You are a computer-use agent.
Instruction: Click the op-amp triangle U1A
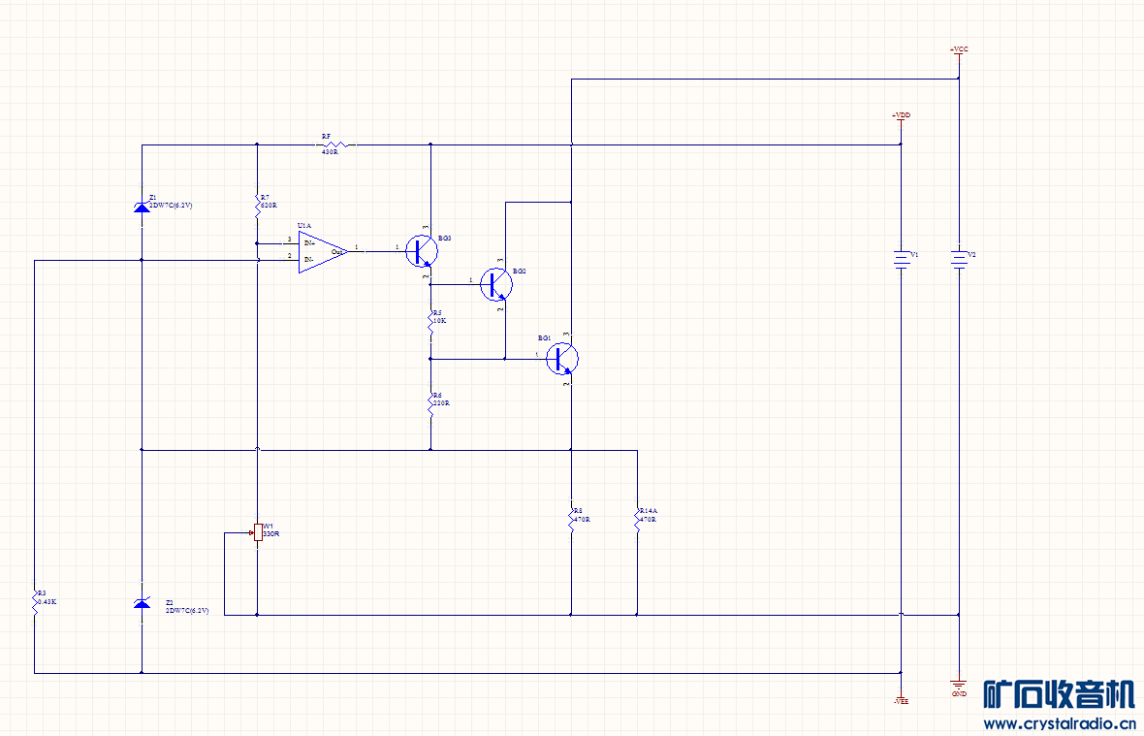[320, 252]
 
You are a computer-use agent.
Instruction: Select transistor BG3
[422, 250]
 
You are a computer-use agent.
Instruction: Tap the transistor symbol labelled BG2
[497, 284]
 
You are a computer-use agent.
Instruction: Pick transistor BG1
[562, 359]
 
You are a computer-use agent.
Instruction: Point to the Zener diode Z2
[142, 604]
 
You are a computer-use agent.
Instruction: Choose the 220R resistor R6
[430, 405]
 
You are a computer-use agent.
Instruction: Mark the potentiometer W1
[258, 531]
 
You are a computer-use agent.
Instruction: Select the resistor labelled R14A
[637, 518]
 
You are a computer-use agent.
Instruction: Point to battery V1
[902, 258]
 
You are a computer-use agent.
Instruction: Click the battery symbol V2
[959, 258]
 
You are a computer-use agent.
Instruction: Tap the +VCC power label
[958, 49]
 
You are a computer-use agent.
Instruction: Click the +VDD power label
[901, 115]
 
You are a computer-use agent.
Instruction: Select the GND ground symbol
[959, 687]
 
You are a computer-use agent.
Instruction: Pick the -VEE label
[901, 699]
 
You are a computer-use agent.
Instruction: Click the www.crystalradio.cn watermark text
[1059, 722]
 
